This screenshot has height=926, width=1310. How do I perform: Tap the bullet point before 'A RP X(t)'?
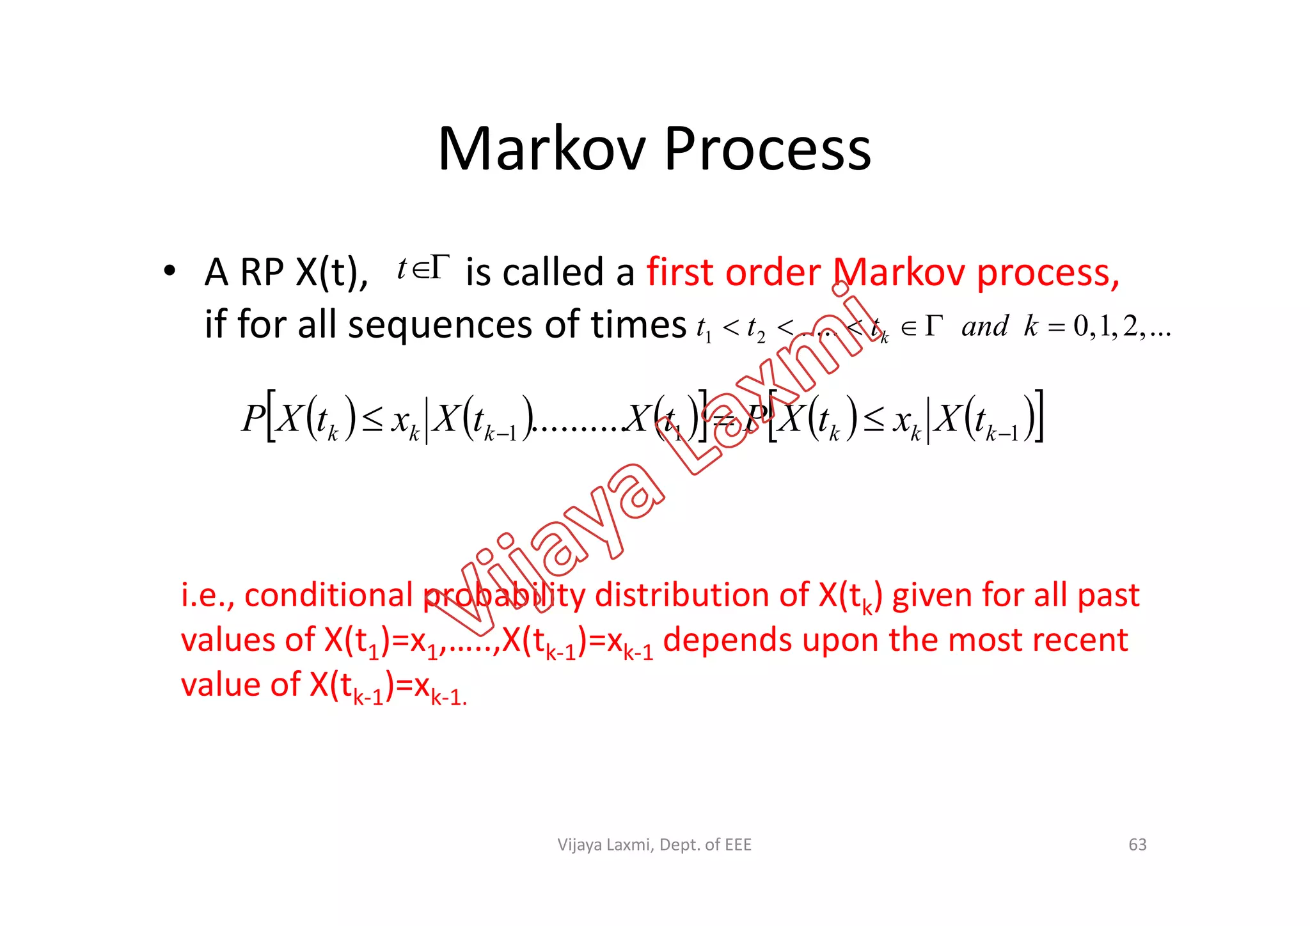[169, 271]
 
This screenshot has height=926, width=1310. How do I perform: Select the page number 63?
[1137, 845]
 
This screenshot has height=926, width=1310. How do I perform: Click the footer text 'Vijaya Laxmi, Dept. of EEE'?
[654, 845]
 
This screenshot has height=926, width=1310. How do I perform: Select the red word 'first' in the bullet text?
[681, 272]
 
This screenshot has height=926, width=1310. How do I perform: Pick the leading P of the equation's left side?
[253, 419]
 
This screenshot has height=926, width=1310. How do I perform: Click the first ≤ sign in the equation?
[372, 420]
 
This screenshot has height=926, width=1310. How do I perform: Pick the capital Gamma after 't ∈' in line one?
[439, 267]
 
